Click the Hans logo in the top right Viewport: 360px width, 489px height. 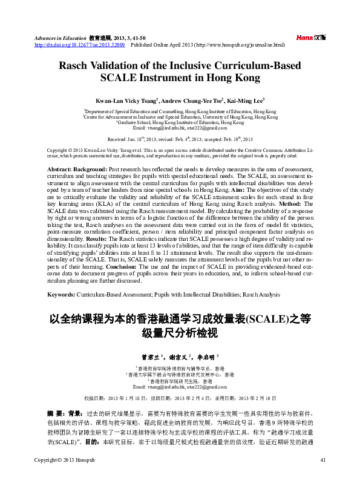pos(311,38)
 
